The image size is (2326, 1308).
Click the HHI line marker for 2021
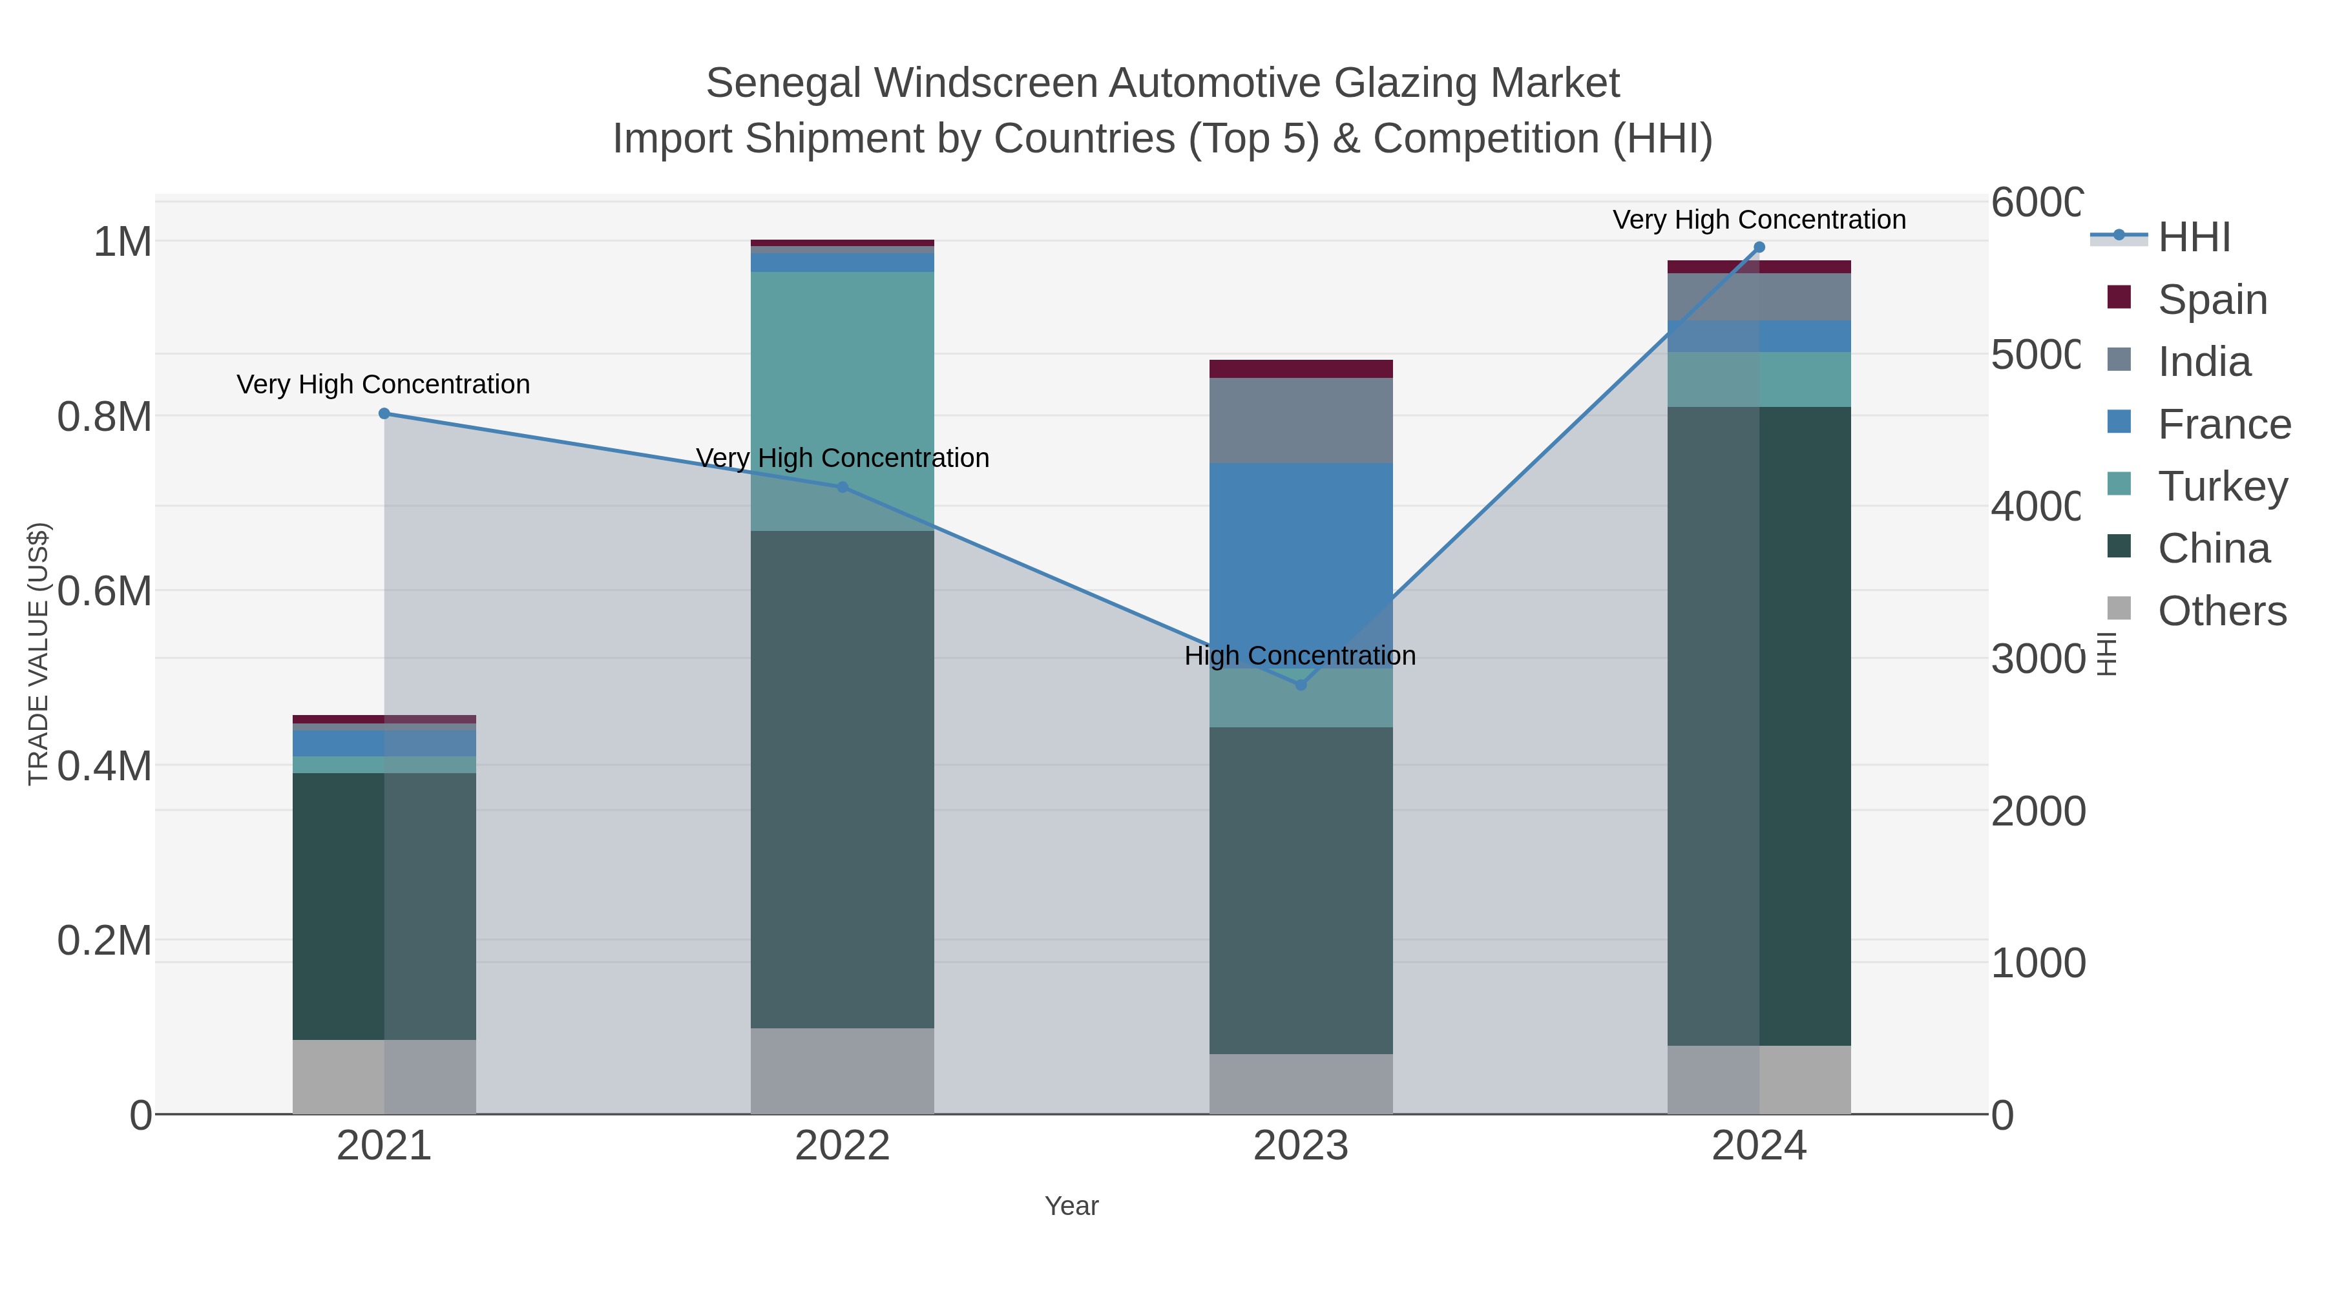click(x=384, y=413)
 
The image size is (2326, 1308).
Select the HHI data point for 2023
click(x=1300, y=685)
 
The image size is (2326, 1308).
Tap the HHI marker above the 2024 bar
click(x=1758, y=247)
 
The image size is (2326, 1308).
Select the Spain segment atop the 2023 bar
click(x=1300, y=368)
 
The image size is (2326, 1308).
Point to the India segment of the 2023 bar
click(x=1300, y=420)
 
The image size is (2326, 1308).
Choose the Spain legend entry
click(x=2212, y=300)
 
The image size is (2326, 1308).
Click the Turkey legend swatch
click(x=2119, y=484)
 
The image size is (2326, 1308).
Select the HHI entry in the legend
click(x=2194, y=238)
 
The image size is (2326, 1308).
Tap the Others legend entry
click(x=2221, y=611)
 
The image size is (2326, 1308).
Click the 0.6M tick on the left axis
click(x=105, y=592)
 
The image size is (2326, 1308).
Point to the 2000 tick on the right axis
click(x=2038, y=811)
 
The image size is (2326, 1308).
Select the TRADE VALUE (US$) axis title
click(x=38, y=654)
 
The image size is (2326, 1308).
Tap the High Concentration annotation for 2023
click(x=1299, y=656)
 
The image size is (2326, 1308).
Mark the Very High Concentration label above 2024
click(x=1758, y=220)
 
